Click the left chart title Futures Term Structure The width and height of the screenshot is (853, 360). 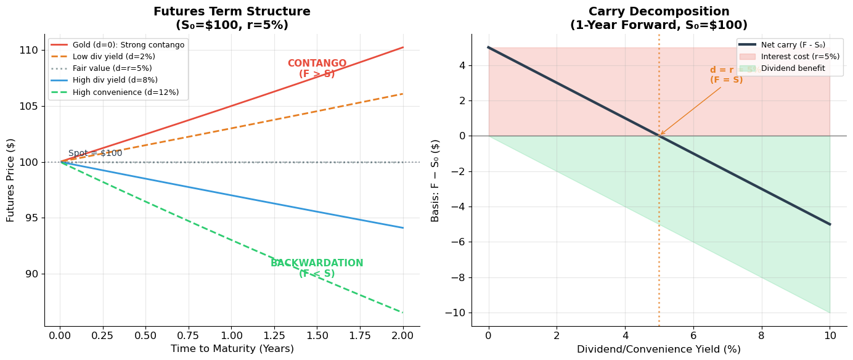click(232, 12)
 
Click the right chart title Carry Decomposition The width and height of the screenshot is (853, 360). click(658, 12)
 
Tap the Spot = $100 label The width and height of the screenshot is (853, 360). click(95, 153)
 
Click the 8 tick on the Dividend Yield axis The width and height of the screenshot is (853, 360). click(761, 335)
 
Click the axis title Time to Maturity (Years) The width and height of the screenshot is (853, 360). click(232, 349)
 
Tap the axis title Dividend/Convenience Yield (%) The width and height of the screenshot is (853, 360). click(658, 350)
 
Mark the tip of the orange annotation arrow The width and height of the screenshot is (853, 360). click(660, 135)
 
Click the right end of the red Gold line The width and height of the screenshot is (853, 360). click(403, 47)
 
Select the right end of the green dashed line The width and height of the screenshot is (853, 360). click(403, 313)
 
